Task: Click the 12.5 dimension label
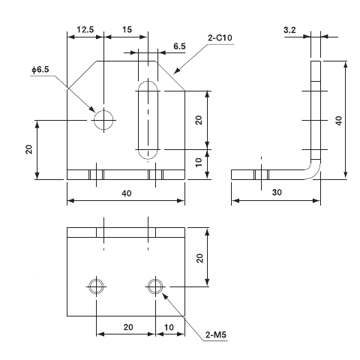84,31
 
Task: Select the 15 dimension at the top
127,31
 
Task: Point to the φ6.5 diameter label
40,70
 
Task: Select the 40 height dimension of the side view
339,120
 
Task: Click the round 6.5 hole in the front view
103,119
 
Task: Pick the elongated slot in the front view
148,120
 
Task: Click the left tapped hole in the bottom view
96,286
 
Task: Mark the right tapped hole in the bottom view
154,286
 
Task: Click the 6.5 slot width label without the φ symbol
179,46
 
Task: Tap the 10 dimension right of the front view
199,163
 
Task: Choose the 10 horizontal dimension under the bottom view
169,328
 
